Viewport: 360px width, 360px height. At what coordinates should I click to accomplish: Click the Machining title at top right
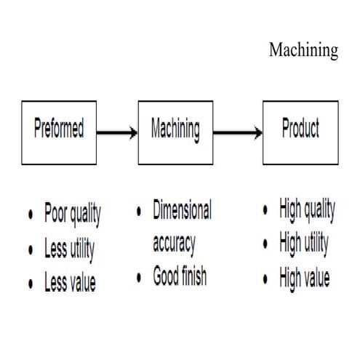[303, 50]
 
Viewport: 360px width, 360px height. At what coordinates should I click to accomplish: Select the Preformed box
[58, 132]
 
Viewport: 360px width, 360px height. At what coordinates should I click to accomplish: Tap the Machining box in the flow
[175, 132]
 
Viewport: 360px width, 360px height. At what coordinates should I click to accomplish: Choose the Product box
[300, 132]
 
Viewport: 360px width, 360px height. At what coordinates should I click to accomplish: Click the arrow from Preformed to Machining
[116, 133]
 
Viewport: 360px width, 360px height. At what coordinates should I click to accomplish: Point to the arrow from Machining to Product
[238, 133]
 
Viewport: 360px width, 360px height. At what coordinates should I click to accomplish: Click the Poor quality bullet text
[72, 215]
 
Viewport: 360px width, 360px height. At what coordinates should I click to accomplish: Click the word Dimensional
[182, 212]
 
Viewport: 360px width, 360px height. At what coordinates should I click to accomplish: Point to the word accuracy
[174, 244]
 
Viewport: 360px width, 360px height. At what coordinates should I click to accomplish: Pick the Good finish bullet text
[179, 277]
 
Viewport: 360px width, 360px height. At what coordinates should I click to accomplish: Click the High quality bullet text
[307, 211]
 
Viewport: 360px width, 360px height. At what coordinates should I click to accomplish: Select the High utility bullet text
[305, 244]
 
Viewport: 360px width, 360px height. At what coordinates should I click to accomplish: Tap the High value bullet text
[304, 277]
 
